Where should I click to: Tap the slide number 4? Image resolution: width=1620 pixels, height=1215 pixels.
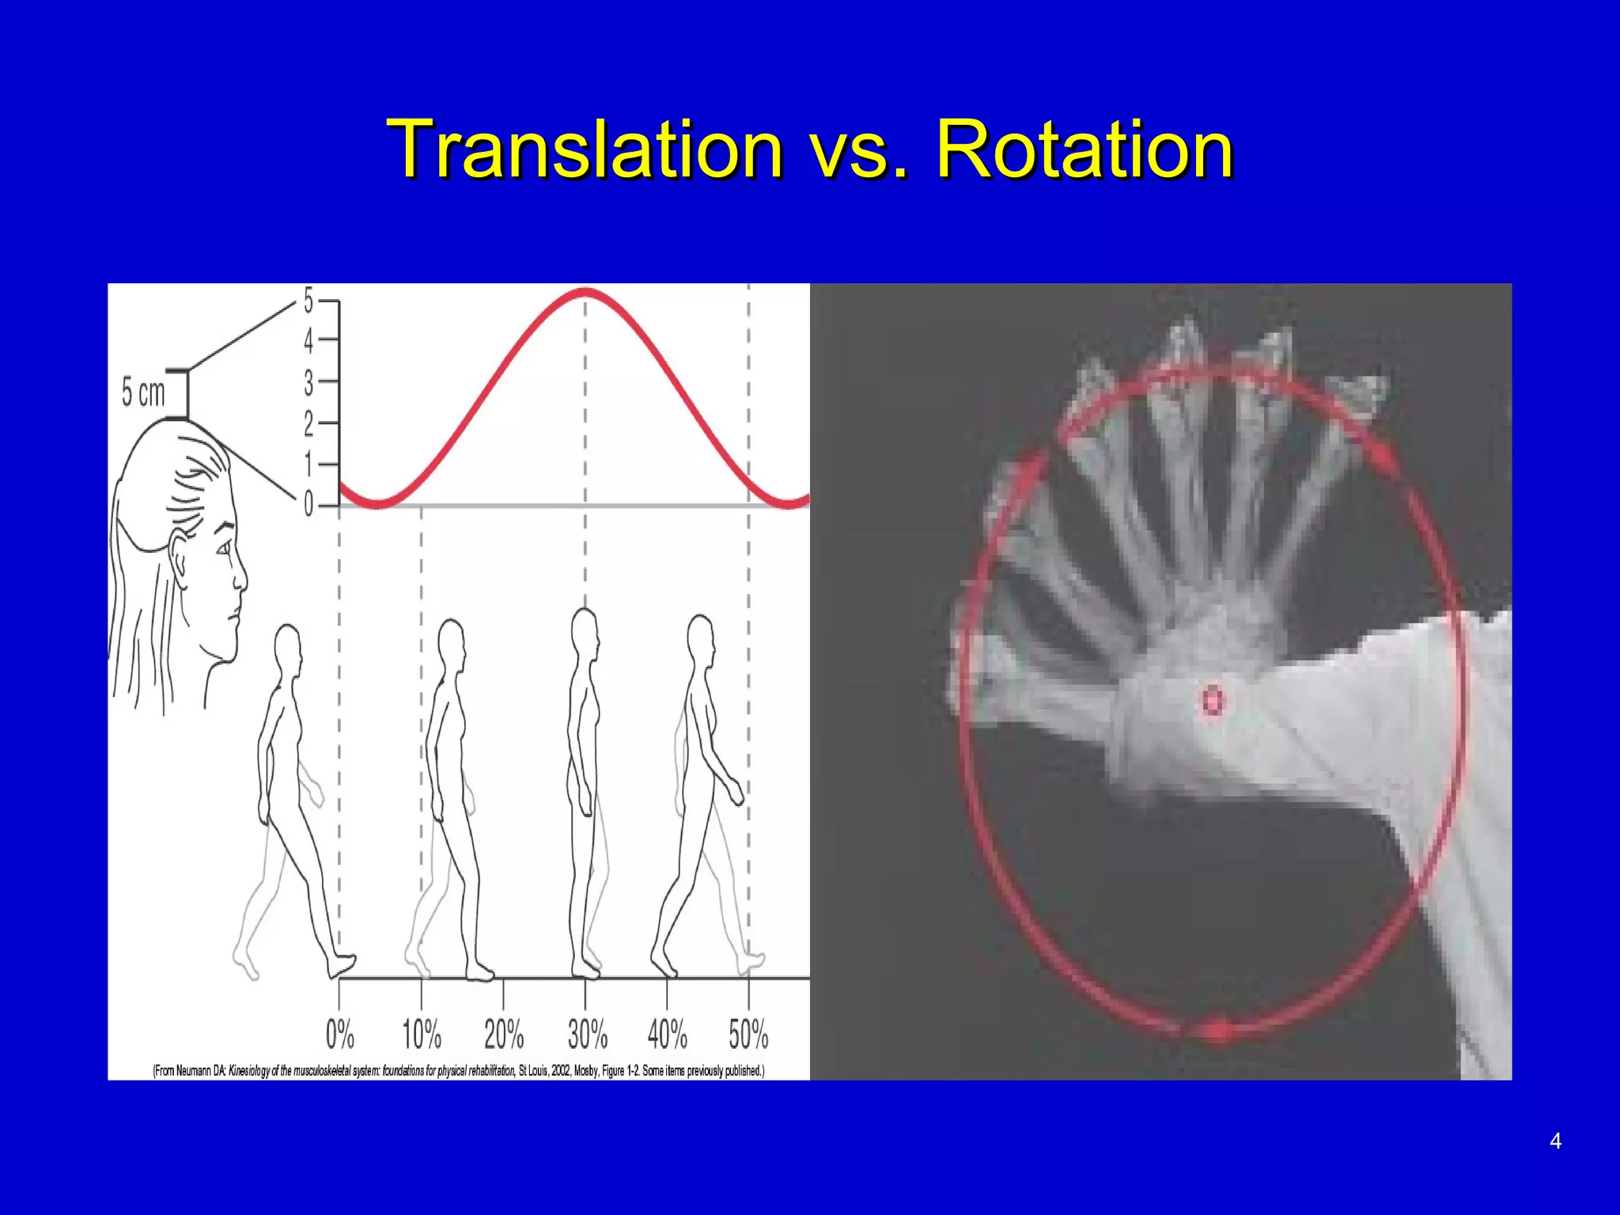pos(1555,1141)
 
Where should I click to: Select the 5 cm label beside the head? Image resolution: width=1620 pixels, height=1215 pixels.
pos(143,392)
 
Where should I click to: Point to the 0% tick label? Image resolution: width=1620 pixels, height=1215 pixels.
pos(340,1034)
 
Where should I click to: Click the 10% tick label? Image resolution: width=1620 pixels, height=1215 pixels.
pos(422,1034)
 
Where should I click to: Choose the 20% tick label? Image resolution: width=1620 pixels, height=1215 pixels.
pos(504,1034)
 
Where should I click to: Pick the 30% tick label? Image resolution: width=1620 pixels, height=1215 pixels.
pos(587,1034)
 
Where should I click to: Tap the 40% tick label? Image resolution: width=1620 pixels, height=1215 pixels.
pos(668,1034)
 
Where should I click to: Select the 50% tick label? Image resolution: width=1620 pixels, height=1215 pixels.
pos(748,1034)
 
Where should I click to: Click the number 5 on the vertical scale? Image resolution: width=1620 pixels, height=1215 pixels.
pos(308,301)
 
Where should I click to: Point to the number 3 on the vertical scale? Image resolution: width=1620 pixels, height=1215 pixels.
pos(308,384)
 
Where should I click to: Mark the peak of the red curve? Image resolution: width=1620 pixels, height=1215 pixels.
pos(585,292)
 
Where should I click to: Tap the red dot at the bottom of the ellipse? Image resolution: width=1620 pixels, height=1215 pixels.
pos(1218,1031)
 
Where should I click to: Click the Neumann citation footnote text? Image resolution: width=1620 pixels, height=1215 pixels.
pos(459,1071)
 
